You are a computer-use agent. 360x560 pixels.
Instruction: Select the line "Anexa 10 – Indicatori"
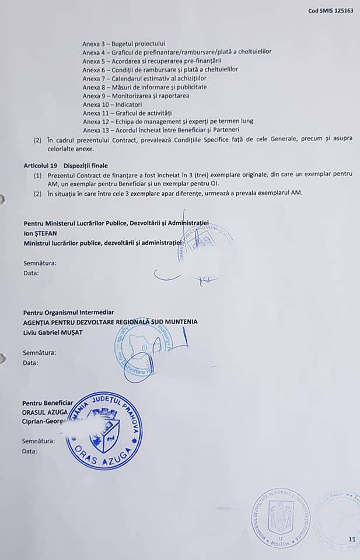(x=112, y=104)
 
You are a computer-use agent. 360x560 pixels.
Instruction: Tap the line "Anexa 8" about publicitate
(x=145, y=87)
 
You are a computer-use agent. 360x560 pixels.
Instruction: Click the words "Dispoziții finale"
(x=87, y=166)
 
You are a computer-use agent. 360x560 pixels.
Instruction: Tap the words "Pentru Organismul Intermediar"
(x=68, y=313)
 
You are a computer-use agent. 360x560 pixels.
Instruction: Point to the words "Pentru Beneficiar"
(x=48, y=403)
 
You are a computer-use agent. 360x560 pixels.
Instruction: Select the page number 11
(x=351, y=539)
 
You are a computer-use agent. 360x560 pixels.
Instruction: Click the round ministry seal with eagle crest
(x=281, y=518)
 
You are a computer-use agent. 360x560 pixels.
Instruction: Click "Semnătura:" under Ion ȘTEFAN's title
(x=40, y=263)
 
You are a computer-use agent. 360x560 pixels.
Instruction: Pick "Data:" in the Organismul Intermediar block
(x=30, y=363)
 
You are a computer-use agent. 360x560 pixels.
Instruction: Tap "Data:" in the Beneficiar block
(x=30, y=451)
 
